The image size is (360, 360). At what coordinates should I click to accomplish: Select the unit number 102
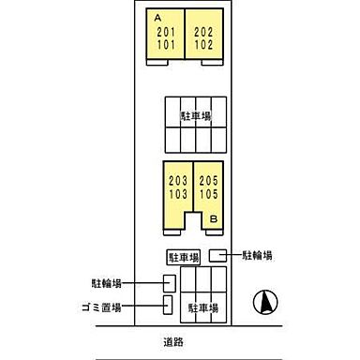tap(203, 43)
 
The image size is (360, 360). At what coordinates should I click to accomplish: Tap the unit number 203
tap(176, 180)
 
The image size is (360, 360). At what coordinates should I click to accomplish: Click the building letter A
tap(157, 17)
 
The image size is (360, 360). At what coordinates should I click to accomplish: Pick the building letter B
tap(214, 218)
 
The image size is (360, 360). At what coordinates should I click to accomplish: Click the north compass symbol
tap(265, 303)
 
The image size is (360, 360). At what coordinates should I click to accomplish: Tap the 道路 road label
tap(172, 341)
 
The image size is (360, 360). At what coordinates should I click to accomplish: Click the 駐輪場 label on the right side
tap(257, 254)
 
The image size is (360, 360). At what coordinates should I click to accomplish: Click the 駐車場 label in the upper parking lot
tap(195, 115)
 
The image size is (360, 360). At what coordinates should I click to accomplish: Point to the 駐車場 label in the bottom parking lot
tap(203, 307)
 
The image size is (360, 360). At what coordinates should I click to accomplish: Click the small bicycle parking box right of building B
tap(217, 254)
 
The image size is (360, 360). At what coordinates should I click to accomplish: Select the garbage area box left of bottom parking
tap(168, 306)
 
